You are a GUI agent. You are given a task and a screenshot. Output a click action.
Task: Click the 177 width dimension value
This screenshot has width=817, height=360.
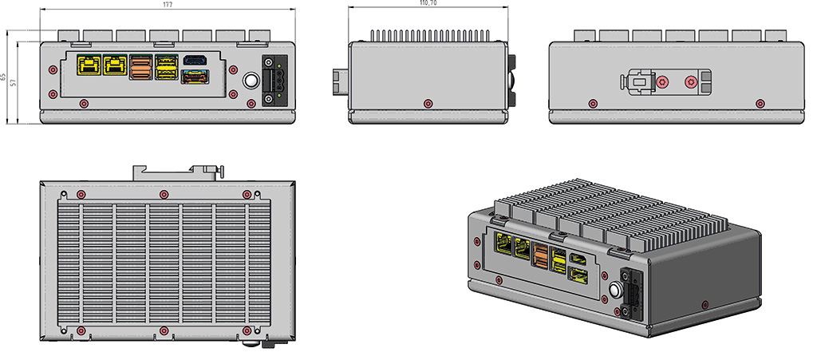tap(168, 4)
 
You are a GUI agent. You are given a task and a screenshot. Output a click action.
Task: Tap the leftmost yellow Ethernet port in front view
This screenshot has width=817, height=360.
tap(88, 65)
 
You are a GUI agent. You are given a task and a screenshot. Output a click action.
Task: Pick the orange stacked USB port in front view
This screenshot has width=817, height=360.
tap(140, 66)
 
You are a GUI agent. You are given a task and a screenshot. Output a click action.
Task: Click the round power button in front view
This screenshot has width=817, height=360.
tap(250, 81)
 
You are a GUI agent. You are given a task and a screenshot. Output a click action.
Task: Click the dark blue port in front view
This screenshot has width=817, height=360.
tap(195, 59)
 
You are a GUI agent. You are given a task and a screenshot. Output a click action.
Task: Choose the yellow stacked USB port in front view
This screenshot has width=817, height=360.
tap(167, 66)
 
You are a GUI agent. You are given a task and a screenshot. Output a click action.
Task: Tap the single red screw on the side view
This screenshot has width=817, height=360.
tap(428, 103)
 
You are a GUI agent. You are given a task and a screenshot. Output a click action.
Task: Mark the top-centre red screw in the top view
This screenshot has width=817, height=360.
tap(164, 195)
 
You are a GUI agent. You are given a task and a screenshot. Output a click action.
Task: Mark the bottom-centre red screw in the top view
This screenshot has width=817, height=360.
tap(164, 330)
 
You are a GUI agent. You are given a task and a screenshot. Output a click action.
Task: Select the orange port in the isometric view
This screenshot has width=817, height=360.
tap(540, 257)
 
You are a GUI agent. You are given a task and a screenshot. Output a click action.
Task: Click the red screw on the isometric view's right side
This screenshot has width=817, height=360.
tap(703, 303)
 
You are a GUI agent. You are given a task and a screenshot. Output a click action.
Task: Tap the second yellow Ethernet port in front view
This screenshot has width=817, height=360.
tap(116, 65)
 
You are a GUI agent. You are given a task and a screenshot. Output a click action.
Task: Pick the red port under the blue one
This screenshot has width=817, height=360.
tap(195, 77)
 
